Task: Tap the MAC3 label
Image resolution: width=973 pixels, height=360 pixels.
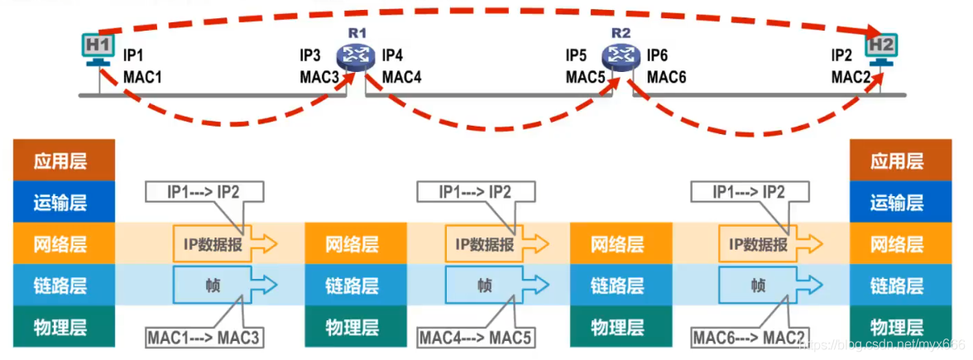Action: (x=319, y=77)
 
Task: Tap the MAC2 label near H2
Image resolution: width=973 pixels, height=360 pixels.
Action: (x=851, y=77)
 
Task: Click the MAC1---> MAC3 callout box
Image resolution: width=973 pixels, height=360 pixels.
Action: (x=204, y=338)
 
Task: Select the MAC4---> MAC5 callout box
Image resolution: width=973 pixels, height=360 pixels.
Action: (x=475, y=338)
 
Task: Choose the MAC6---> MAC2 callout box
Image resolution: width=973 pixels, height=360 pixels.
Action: (x=747, y=338)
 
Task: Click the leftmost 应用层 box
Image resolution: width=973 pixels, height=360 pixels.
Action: (x=60, y=161)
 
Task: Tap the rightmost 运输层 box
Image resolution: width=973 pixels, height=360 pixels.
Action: (x=897, y=202)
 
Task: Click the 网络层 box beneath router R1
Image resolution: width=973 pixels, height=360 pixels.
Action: (x=352, y=244)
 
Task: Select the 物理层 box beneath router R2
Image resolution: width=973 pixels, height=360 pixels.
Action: (x=617, y=326)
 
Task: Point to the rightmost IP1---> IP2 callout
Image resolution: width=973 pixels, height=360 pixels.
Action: (x=750, y=192)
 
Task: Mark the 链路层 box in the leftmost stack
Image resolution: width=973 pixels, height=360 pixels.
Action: (x=60, y=286)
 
